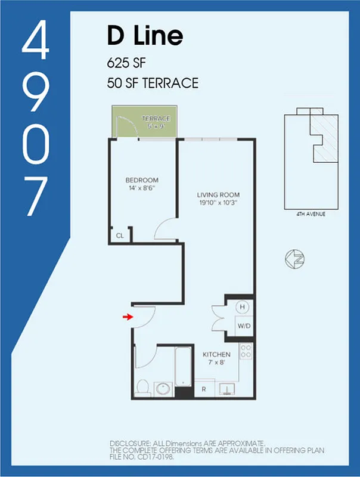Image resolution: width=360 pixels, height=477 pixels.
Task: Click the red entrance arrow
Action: (x=127, y=317)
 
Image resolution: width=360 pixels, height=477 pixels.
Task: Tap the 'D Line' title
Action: (x=145, y=37)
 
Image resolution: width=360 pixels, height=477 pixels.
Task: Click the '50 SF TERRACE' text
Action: (x=153, y=83)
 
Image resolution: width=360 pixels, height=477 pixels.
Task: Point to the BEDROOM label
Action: (x=141, y=181)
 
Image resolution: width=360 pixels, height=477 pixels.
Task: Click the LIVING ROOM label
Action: (x=218, y=194)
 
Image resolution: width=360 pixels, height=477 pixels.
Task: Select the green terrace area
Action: (x=143, y=122)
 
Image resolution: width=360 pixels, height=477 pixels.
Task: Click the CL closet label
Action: (x=120, y=236)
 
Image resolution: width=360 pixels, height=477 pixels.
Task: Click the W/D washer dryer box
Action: (x=244, y=326)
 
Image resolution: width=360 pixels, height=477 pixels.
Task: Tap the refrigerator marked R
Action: (x=204, y=389)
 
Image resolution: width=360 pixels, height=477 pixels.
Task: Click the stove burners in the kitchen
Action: (x=246, y=351)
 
